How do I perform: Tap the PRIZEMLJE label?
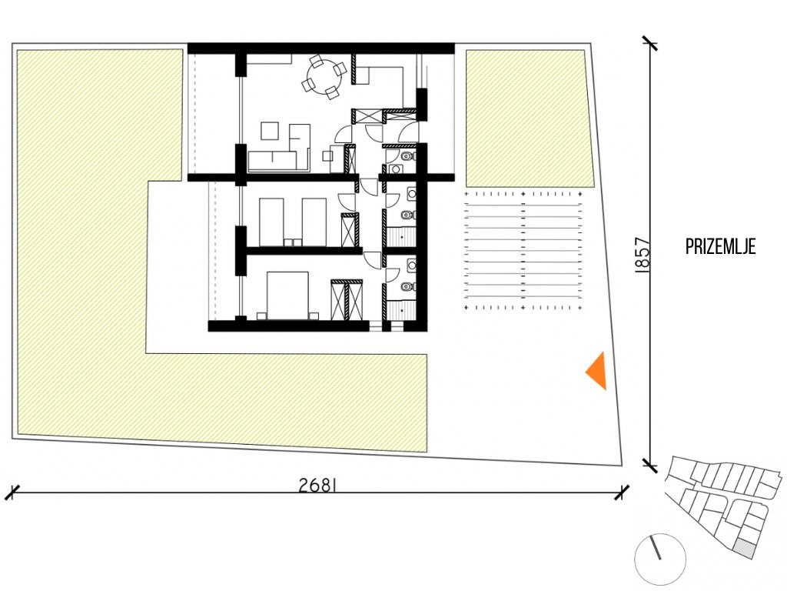[x=720, y=247]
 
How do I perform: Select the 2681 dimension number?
[x=317, y=485]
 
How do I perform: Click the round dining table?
[x=324, y=78]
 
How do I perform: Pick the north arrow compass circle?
[x=660, y=559]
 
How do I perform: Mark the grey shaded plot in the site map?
[x=745, y=549]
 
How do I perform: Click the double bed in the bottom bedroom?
[x=287, y=295]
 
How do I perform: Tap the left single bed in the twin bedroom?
[x=271, y=222]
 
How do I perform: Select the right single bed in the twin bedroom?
[x=314, y=222]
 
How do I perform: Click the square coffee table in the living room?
[x=270, y=131]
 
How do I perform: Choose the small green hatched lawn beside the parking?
[x=529, y=118]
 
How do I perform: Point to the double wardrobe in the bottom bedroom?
[x=347, y=299]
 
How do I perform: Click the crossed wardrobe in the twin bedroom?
[x=350, y=230]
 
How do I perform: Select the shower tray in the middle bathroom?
[x=401, y=236]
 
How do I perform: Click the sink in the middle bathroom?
[x=412, y=193]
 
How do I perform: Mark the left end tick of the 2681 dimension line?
[x=12, y=492]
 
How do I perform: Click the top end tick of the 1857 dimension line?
[x=650, y=44]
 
